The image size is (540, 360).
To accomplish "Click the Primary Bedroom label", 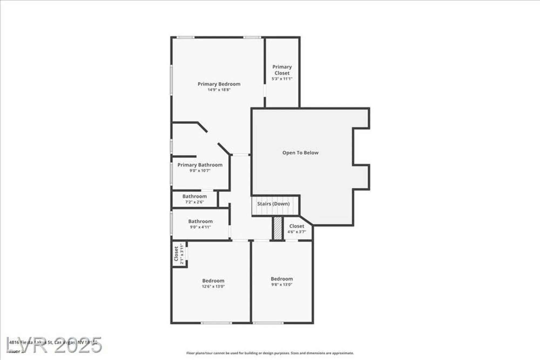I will (x=219, y=84).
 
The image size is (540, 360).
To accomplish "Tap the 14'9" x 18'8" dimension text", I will (x=219, y=90).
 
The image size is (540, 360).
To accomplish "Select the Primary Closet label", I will (x=282, y=70).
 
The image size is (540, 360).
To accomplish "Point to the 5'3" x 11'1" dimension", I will (x=282, y=79).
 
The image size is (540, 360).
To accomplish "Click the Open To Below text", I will (x=300, y=153).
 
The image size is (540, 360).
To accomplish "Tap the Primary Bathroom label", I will (x=200, y=165).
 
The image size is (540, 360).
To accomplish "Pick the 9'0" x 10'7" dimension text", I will (x=200, y=171).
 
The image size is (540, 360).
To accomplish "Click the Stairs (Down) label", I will (x=273, y=204).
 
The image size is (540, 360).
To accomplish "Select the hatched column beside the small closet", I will (x=278, y=228).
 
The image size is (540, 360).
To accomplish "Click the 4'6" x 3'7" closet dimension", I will (x=296, y=232).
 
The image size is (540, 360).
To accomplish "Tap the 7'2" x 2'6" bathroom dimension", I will (x=194, y=202).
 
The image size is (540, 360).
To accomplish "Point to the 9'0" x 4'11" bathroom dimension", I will (x=200, y=227).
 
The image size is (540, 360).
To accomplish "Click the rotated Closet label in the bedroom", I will (x=176, y=254).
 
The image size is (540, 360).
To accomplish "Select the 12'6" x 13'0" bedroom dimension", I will (x=213, y=287).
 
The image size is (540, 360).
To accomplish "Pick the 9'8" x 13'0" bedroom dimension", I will (x=282, y=285).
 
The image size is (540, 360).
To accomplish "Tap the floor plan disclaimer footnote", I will (x=270, y=353).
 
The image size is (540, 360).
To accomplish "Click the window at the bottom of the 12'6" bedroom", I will (x=216, y=323).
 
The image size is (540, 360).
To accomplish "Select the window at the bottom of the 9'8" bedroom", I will (x=268, y=323).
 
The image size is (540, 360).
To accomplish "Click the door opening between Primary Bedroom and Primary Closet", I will (x=265, y=90).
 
